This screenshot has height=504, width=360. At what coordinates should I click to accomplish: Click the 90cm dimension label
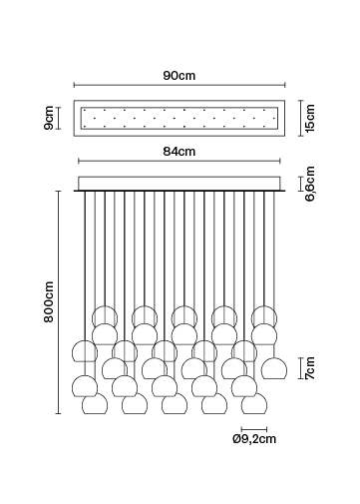(x=180, y=76)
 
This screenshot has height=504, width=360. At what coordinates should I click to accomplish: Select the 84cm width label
(x=180, y=152)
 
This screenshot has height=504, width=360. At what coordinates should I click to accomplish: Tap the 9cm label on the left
(x=49, y=118)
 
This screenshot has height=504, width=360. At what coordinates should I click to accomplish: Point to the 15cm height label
(x=310, y=118)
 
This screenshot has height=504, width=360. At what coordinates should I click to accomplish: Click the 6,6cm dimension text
(x=310, y=184)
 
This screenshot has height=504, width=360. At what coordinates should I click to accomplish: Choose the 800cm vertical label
(x=49, y=301)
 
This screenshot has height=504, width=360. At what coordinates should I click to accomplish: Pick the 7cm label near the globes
(x=310, y=368)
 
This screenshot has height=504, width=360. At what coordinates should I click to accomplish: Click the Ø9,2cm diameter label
(x=254, y=439)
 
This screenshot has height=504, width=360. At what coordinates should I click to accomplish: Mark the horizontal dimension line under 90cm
(x=180, y=85)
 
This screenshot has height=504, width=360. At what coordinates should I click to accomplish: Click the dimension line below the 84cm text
(x=180, y=161)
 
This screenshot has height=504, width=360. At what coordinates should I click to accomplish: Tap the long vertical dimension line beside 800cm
(x=59, y=302)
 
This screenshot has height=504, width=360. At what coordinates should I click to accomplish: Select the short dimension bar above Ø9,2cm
(x=254, y=429)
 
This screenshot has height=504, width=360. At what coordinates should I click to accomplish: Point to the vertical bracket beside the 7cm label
(x=301, y=368)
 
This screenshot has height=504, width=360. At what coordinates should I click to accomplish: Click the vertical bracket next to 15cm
(x=301, y=118)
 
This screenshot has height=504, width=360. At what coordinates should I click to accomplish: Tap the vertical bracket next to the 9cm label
(x=59, y=118)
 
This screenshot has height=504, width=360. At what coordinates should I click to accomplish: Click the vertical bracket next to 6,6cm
(x=301, y=184)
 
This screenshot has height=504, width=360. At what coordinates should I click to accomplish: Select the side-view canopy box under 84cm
(x=180, y=184)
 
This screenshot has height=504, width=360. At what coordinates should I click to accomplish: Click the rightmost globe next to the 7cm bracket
(x=274, y=368)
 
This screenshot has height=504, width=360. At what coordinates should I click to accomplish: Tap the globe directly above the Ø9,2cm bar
(x=254, y=403)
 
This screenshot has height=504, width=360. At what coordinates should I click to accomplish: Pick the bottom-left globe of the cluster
(x=95, y=403)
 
